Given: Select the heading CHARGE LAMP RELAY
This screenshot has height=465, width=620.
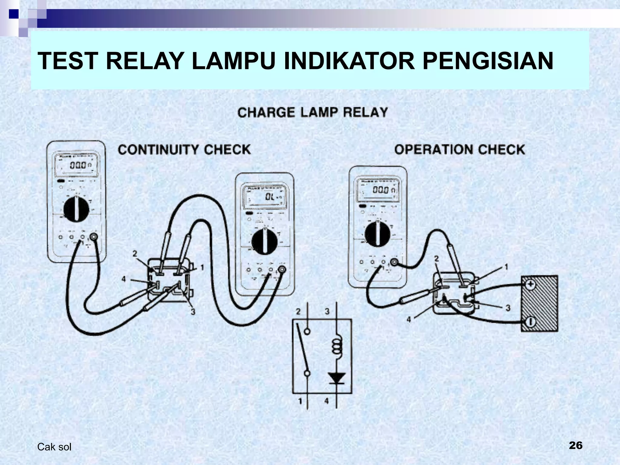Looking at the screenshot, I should tap(312, 112).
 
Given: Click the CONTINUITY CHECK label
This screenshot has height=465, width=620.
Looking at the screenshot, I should tap(184, 150).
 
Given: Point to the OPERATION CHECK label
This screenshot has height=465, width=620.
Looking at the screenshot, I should tap(459, 150).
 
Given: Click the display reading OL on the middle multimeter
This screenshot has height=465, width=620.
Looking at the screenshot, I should tap(270, 197).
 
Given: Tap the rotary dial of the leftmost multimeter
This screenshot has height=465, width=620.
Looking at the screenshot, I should tap(76, 209).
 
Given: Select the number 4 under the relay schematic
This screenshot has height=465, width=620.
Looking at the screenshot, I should tap(326, 401).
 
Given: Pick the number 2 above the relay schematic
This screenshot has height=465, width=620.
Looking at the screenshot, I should tap(298, 311).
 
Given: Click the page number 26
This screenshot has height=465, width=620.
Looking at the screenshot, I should tap(575, 445).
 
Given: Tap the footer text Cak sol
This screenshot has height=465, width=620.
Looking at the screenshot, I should tap(54, 447).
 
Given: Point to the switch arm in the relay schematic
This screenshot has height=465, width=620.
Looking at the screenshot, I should tap(302, 348).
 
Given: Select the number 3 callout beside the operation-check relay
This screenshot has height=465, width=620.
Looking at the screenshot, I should tap(508, 308).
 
